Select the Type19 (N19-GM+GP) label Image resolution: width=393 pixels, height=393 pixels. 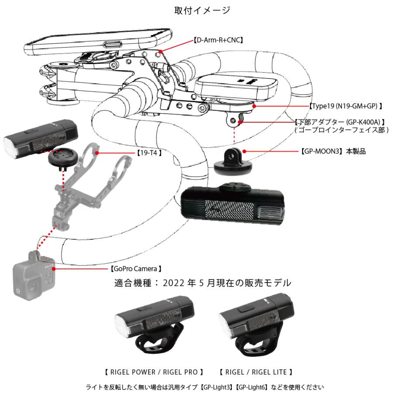(x=345, y=106)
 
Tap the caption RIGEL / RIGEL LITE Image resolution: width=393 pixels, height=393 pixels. (x=255, y=372)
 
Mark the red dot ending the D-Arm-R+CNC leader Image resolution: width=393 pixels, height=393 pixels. (x=161, y=52)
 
